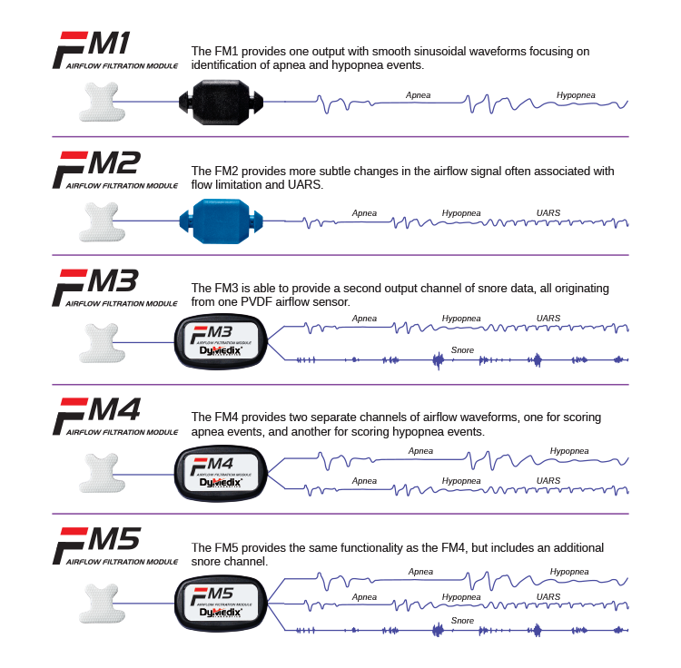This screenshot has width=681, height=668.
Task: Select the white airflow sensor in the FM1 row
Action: point(105,102)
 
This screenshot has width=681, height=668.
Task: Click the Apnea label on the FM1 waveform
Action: point(419,94)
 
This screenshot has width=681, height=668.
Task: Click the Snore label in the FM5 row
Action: point(461,621)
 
